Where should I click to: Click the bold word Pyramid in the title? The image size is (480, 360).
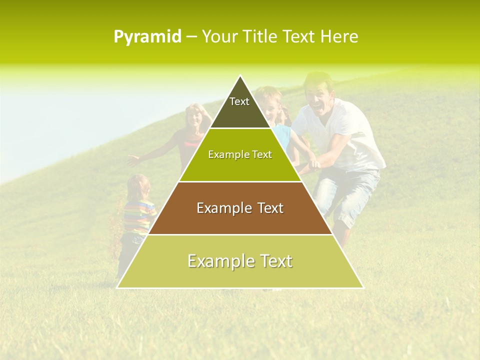click(x=147, y=37)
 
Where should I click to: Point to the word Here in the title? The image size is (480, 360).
click(x=339, y=37)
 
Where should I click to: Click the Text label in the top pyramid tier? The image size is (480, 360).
click(x=239, y=101)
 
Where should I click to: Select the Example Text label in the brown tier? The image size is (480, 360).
click(x=240, y=208)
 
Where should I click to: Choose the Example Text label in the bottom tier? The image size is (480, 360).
click(x=240, y=261)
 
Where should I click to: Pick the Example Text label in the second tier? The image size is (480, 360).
click(x=240, y=154)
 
